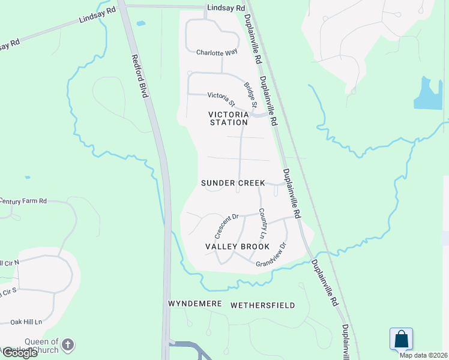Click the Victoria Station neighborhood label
pyautogui.click(x=228, y=118)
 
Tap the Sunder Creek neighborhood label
pyautogui.click(x=233, y=182)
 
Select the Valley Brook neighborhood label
pyautogui.click(x=237, y=247)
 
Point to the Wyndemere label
pyautogui.click(x=196, y=305)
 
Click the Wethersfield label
pyautogui.click(x=263, y=305)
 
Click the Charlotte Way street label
pyautogui.click(x=217, y=52)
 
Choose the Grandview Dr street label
pyautogui.click(x=271, y=255)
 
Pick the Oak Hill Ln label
pyautogui.click(x=27, y=322)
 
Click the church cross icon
pyautogui.click(x=68, y=344)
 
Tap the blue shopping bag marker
pyautogui.click(x=401, y=340)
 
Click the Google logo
pyautogui.click(x=19, y=353)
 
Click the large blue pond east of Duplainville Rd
pyautogui.click(x=428, y=95)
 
